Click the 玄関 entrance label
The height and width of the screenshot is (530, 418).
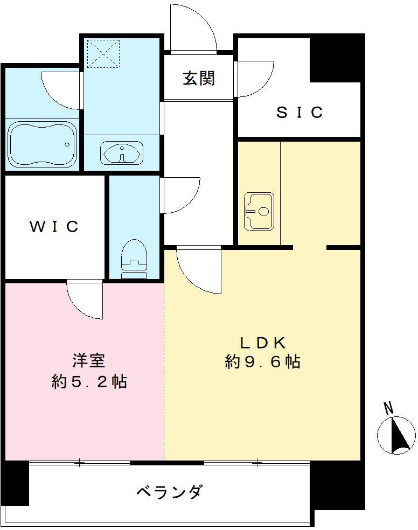pyautogui.click(x=199, y=79)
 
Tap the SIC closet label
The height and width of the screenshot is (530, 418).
pyautogui.click(x=299, y=112)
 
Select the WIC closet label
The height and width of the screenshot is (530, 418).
pyautogui.click(x=54, y=226)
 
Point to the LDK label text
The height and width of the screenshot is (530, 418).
pyautogui.click(x=262, y=343)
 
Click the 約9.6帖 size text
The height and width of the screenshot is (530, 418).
pyautogui.click(x=262, y=362)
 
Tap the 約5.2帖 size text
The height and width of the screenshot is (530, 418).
pyautogui.click(x=89, y=382)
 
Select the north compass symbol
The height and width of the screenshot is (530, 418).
pyautogui.click(x=396, y=435)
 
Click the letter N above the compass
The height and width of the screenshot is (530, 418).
pyautogui.click(x=388, y=408)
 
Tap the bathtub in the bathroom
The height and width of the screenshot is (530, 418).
pyautogui.click(x=41, y=144)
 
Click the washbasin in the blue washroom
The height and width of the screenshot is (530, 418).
pyautogui.click(x=122, y=153)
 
